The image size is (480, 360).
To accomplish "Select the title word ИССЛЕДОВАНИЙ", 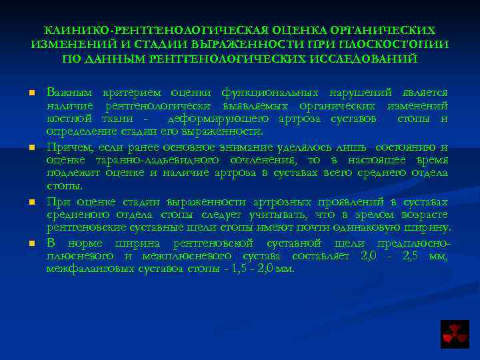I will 366,58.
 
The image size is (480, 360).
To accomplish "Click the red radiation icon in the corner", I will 455,333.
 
